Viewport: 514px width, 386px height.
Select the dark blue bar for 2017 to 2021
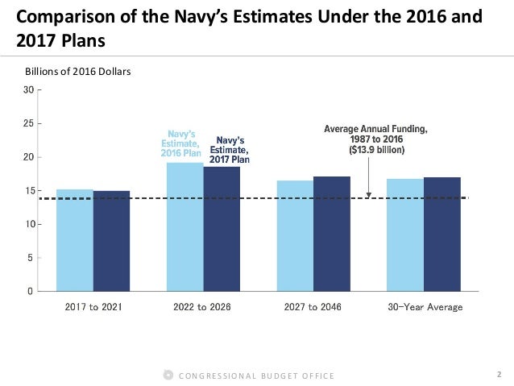point(111,241)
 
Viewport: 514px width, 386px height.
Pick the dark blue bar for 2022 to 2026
point(222,229)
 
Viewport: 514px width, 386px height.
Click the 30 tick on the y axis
point(28,90)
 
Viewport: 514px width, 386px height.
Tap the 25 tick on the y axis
point(28,123)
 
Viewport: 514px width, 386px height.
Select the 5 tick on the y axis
point(31,258)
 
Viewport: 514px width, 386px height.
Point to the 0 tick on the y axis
point(31,291)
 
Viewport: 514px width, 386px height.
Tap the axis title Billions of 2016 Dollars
point(78,72)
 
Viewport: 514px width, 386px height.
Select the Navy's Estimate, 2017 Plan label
point(229,149)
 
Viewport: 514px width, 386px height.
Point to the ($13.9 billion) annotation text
point(376,150)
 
